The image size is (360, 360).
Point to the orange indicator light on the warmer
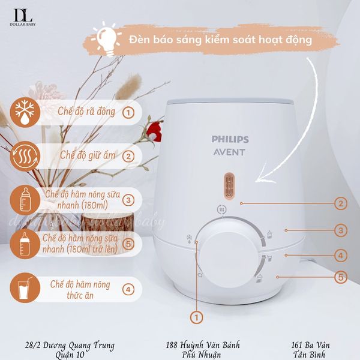coord(227,185)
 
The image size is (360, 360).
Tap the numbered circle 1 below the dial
coord(195,316)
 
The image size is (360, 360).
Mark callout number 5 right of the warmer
coord(341,277)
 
